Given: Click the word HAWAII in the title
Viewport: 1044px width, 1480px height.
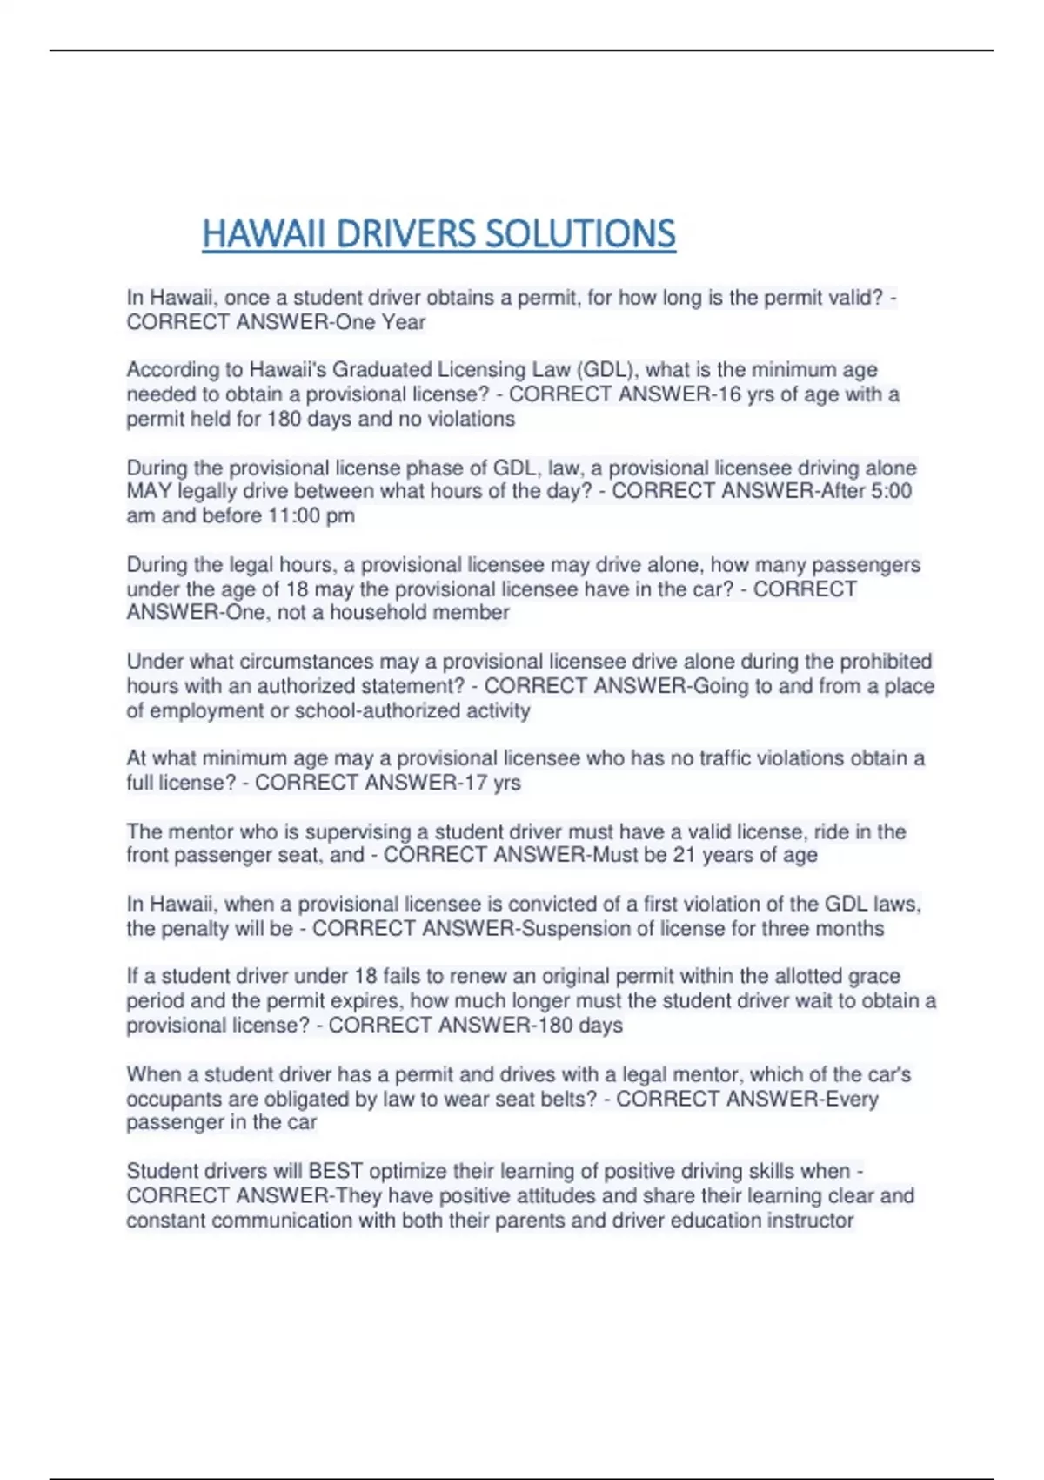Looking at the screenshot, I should [x=264, y=234].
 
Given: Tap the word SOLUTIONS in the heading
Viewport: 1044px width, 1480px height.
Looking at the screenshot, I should [x=579, y=234].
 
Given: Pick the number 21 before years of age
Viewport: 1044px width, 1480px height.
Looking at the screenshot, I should [x=684, y=855].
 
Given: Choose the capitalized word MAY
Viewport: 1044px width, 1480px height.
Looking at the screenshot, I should [x=149, y=491].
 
